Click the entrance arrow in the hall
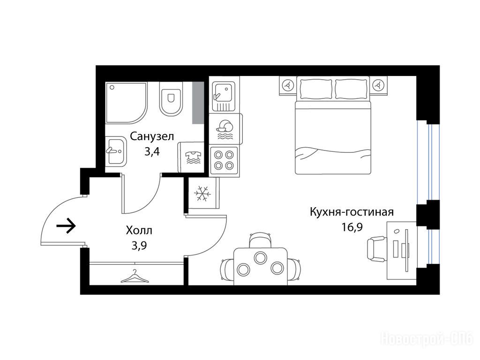[x=66, y=226]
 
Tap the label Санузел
[x=152, y=136]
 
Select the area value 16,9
[x=352, y=227]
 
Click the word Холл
[x=139, y=230]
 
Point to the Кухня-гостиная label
[x=352, y=212]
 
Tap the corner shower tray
[x=127, y=103]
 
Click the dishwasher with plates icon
[x=226, y=129]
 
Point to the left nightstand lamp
[x=287, y=85]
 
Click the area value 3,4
[x=152, y=152]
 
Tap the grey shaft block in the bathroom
[x=198, y=103]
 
